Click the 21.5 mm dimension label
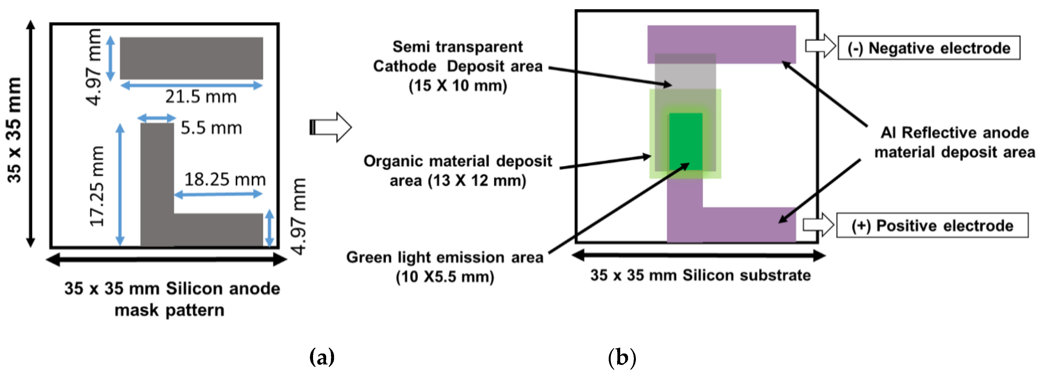(201, 97)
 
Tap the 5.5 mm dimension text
(211, 128)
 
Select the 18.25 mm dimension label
(225, 180)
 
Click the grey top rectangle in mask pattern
(191, 58)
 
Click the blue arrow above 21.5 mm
(192, 85)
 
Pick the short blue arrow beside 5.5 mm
(157, 118)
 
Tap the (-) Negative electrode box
(928, 48)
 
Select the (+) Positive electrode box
(932, 225)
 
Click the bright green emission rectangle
(685, 142)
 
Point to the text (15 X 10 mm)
(458, 86)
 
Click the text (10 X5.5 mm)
(445, 277)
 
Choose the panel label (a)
(322, 357)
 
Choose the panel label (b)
(622, 357)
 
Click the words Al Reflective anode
(954, 133)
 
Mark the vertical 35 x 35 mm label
(15, 130)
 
